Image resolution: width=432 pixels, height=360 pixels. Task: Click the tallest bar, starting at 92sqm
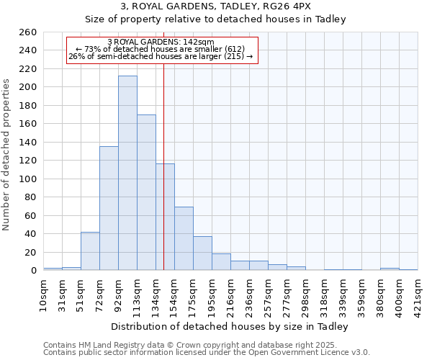coord(127,173)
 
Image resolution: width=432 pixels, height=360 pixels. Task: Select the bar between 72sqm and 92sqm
coord(109,208)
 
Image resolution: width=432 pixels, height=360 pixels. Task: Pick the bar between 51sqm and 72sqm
coord(90,251)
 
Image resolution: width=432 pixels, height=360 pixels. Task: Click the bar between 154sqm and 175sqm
coord(184,238)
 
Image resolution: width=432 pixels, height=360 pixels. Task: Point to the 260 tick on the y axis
coord(28,32)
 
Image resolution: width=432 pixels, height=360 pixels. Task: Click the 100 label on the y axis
coord(28,179)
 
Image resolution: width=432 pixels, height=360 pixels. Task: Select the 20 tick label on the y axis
coord(30,252)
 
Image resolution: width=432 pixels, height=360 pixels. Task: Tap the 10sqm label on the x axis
coord(44,294)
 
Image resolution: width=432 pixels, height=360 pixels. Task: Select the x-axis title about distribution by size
coord(230,326)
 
